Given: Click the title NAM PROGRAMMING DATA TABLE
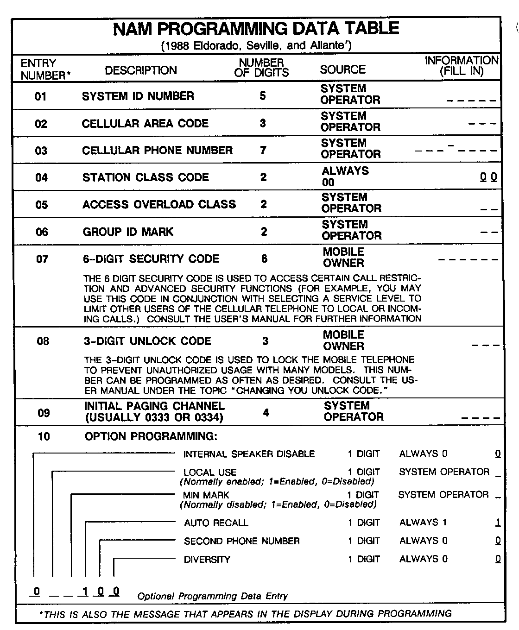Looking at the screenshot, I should (256, 29).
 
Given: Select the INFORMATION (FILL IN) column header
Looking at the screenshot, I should (462, 66).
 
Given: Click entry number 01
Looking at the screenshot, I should (41, 96).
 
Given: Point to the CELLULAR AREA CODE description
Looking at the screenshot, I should (145, 124).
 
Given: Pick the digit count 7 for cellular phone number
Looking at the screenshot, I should (263, 151).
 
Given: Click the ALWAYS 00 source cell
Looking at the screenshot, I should (345, 176).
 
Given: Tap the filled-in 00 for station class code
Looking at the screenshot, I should (488, 177).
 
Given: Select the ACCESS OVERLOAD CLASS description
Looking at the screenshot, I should (159, 204).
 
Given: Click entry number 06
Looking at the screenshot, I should (42, 232).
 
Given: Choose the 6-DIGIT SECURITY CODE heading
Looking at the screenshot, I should (151, 259).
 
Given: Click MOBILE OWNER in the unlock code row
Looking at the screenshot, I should (343, 340).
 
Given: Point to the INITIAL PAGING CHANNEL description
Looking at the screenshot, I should (154, 411).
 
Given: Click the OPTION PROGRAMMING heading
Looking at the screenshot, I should (151, 436).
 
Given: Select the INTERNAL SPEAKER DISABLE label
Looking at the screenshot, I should (249, 454).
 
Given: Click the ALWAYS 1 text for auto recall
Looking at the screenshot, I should (423, 523).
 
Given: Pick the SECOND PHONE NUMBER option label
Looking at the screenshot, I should (241, 541).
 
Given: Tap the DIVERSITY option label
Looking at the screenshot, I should (207, 560).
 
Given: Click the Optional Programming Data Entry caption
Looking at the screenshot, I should (212, 596).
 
